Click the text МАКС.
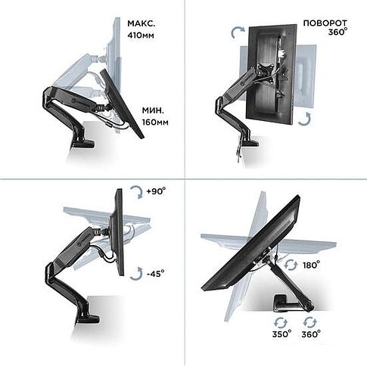point(142,23)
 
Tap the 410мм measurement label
point(141,35)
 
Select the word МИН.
point(153,110)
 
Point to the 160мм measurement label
point(155,123)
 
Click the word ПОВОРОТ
point(325,23)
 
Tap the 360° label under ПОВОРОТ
point(337,32)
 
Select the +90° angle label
point(156,191)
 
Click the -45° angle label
point(155,273)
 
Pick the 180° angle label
point(311,265)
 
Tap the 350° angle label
point(281,334)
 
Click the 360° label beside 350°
point(311,334)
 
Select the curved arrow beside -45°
point(137,274)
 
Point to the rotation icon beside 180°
point(291,265)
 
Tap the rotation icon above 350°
point(281,323)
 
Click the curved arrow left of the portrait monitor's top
point(237,32)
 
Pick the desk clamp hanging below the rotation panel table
point(238,149)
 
